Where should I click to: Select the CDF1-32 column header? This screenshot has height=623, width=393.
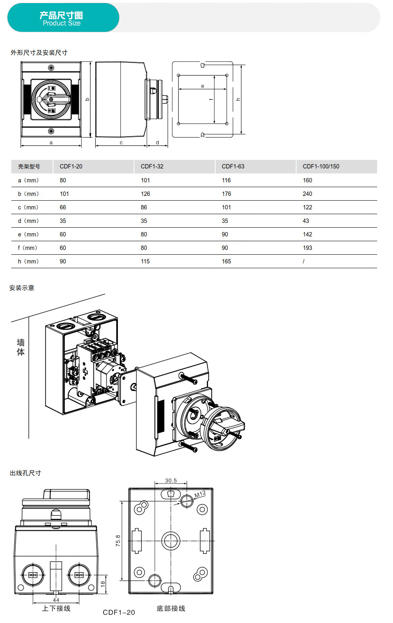[152, 166]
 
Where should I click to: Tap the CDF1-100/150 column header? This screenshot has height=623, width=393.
[321, 166]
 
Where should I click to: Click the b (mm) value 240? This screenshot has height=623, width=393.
[307, 194]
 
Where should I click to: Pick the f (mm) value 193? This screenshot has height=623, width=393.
[307, 248]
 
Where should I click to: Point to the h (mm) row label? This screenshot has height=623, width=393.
[28, 261]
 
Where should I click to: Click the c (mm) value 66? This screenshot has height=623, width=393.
[63, 207]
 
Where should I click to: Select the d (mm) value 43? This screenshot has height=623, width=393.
[306, 221]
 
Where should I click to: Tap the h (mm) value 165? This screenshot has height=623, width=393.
[226, 261]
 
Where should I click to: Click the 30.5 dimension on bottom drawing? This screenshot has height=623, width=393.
[171, 481]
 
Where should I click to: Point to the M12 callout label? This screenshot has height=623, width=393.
[200, 494]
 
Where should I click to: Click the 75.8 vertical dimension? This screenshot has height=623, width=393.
[118, 540]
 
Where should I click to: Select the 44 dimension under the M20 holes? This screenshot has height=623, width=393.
[56, 600]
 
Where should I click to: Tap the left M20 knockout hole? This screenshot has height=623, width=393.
[33, 575]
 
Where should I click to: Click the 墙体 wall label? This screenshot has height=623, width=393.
[21, 347]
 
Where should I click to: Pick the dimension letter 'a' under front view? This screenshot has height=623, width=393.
[51, 143]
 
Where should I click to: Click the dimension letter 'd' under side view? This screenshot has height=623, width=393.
[157, 143]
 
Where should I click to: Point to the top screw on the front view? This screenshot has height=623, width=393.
[51, 68]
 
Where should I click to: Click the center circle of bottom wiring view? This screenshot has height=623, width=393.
[171, 541]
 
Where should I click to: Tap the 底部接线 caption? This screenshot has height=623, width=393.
[171, 609]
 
